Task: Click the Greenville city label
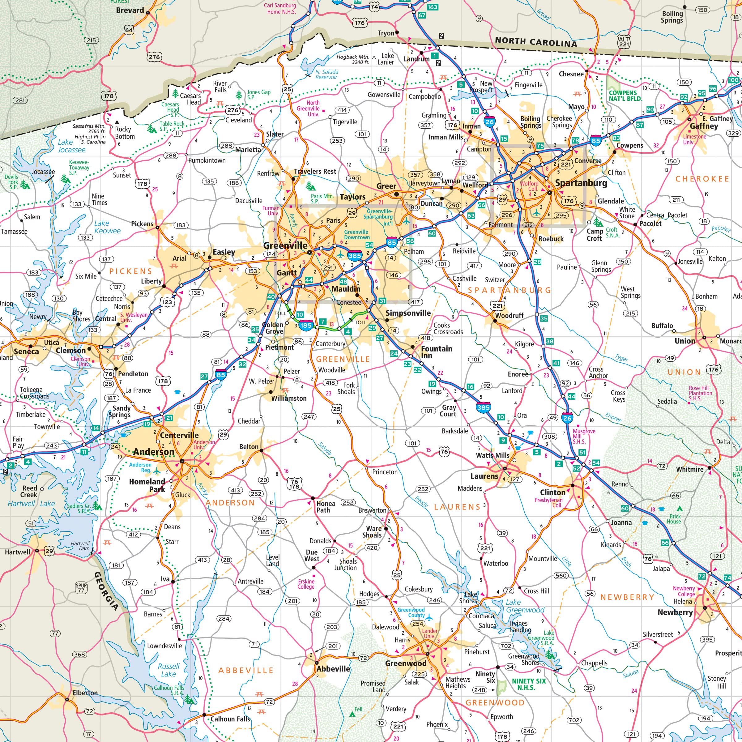[x=285, y=245]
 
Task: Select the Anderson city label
[x=154, y=452]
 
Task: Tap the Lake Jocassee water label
[x=71, y=146]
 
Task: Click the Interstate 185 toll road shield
[x=306, y=325]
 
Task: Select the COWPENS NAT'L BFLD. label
[x=625, y=96]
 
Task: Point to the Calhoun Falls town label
[x=230, y=719]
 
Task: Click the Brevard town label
[x=130, y=11]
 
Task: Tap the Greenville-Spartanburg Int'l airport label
[x=379, y=217]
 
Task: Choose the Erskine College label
[x=306, y=584]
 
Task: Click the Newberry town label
[x=675, y=612]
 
